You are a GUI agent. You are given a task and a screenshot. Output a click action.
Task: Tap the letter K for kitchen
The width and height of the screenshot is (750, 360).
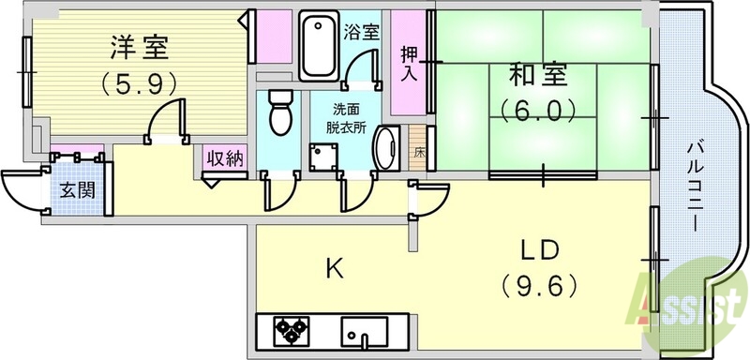334,269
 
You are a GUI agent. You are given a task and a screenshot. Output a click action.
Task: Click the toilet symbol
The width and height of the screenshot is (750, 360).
279,113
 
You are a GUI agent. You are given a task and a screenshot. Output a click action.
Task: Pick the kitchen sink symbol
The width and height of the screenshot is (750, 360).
366,333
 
